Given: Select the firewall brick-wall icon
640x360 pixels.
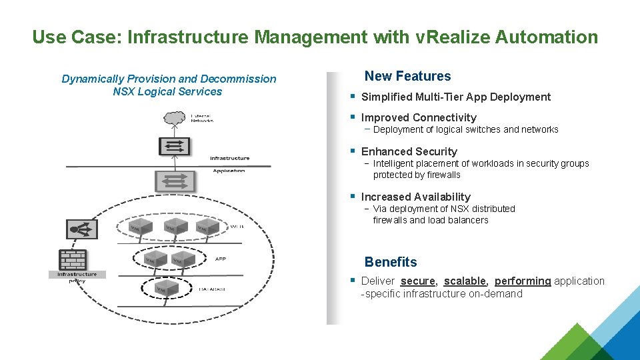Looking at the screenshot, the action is [x=73, y=259].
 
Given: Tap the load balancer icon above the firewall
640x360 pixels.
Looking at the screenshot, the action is [x=83, y=229].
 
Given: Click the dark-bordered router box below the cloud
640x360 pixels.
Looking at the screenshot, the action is [x=175, y=147].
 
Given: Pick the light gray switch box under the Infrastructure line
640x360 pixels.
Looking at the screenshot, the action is [x=175, y=180].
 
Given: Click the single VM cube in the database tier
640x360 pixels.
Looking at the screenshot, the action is [x=161, y=288].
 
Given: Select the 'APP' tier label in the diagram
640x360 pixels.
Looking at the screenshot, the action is [x=221, y=259].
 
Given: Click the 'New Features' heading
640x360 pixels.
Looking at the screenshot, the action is [x=407, y=77].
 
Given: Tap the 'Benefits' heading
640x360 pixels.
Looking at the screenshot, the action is [x=391, y=262].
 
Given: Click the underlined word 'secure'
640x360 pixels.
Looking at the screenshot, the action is [x=418, y=281].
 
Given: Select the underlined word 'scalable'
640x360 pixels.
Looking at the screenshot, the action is [x=465, y=281].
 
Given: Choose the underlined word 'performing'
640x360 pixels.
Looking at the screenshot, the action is [x=523, y=281].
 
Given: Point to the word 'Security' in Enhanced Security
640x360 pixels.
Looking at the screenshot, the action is [x=435, y=151].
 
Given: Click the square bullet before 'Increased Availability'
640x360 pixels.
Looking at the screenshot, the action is [x=353, y=196].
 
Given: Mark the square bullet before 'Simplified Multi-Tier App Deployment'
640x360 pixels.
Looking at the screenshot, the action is [x=353, y=96].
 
